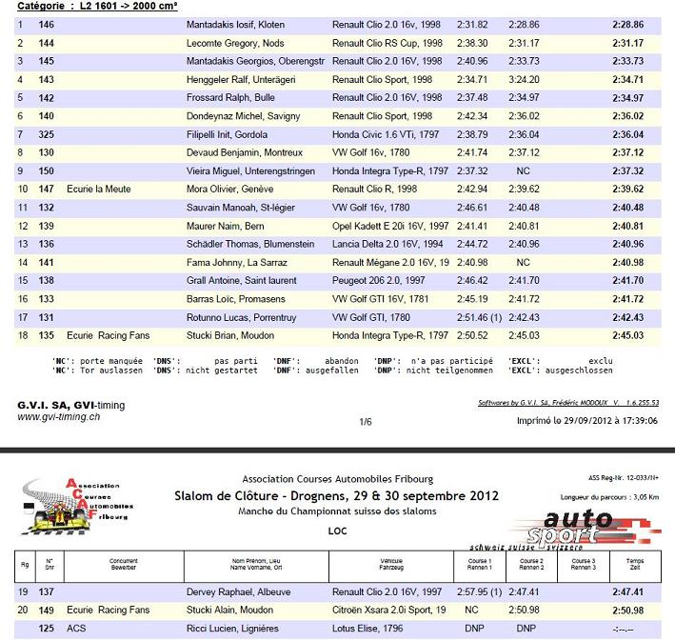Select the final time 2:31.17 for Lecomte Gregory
pos(627,43)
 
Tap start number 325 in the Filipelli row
pos(47,134)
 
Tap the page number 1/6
pos(365,420)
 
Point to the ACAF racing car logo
pos(78,503)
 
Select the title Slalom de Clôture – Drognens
pos(336,496)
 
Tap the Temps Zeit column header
pos(634,565)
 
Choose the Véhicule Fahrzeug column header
pos(391,565)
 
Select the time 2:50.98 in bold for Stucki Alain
pos(627,610)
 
